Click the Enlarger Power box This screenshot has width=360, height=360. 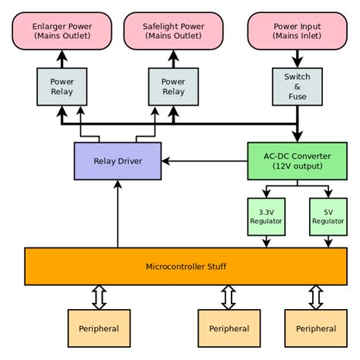coord(62,30)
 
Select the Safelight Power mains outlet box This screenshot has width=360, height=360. coord(173,30)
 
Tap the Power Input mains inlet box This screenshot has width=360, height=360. coord(297,30)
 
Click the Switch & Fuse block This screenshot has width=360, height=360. coord(297,87)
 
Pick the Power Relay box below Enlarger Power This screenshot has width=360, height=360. coord(62,87)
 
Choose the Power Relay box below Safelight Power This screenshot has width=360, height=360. coord(173,87)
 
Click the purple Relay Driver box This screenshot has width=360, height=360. coord(117,161)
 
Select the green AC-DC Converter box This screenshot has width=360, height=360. coord(297,161)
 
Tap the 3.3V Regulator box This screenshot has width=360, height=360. coord(266,216)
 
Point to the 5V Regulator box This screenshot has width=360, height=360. coord(328,216)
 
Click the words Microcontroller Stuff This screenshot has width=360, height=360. coord(186,267)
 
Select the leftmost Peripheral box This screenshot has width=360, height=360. coord(99,328)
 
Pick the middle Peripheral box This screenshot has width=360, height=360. coord(229,328)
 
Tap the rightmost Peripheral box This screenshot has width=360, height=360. coord(316,328)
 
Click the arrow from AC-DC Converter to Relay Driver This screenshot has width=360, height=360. coord(205,161)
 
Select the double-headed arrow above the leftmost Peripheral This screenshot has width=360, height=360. coord(99,298)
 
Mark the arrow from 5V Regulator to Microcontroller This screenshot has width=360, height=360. coord(328,241)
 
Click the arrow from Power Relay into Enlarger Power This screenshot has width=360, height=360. coord(62,58)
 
